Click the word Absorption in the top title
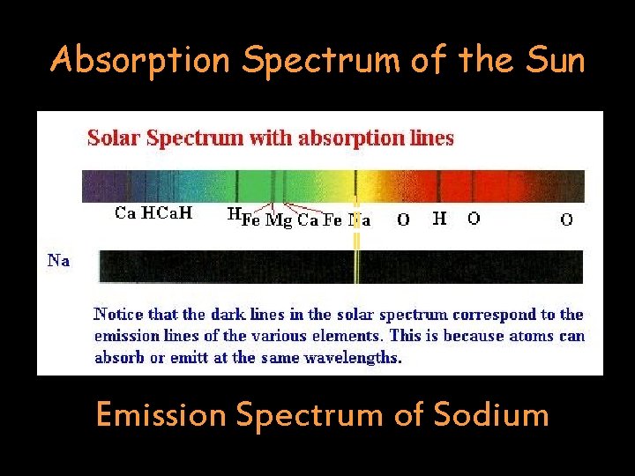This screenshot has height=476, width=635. tap(141, 60)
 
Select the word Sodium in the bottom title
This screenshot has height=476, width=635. tap(489, 413)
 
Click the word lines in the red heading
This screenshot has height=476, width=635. tap(431, 138)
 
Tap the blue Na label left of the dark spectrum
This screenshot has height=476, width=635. tap(59, 260)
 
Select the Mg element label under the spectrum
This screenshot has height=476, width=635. tap(279, 220)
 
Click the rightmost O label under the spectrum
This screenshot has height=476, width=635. tap(566, 219)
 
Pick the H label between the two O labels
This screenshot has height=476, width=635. tap(439, 218)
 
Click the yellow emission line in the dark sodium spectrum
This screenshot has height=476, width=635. tap(357, 266)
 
